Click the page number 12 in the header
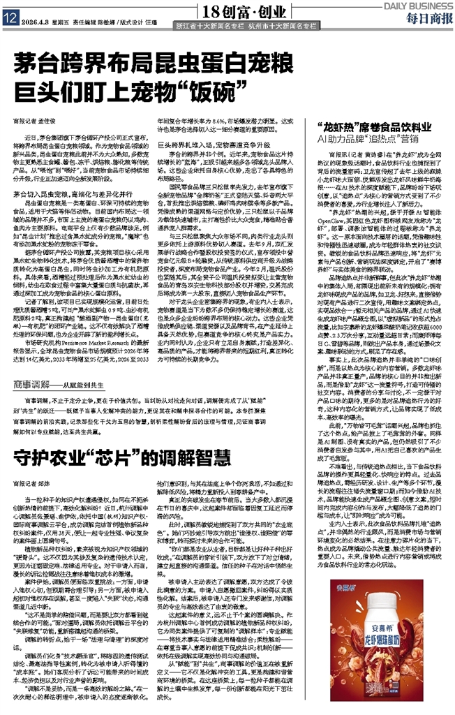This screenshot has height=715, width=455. click(8, 20)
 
